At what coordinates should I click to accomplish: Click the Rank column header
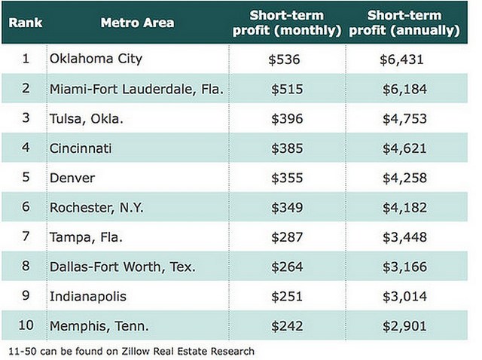24,23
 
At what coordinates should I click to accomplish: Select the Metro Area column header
137,23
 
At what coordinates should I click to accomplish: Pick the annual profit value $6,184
404,90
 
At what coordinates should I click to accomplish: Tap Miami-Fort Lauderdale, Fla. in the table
136,90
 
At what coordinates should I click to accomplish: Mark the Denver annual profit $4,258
404,178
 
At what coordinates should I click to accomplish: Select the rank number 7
26,237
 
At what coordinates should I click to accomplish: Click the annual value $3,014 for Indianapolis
404,297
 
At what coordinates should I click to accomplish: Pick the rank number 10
26,326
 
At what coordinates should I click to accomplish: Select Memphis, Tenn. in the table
98,326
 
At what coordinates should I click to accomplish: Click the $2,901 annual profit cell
404,326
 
